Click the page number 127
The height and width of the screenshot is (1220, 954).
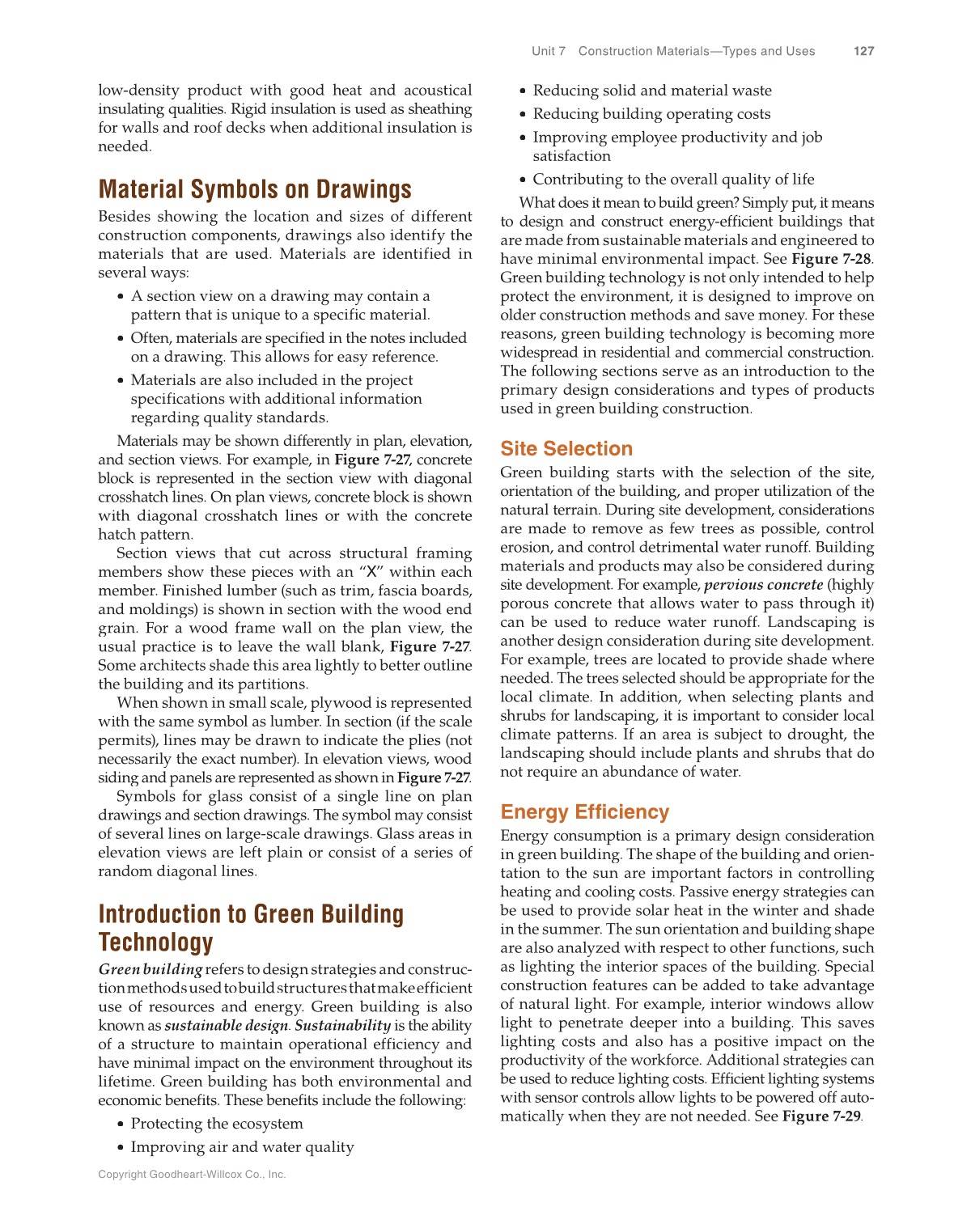click(x=863, y=51)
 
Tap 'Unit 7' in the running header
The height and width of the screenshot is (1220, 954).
click(x=549, y=51)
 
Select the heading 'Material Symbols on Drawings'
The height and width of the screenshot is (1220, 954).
click(x=255, y=189)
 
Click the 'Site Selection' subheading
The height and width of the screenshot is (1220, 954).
click(x=566, y=449)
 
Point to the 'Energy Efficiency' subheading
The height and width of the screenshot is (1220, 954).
click(x=584, y=812)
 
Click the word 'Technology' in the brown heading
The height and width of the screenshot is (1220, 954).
click(x=156, y=943)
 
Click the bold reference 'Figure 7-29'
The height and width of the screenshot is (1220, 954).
click(x=820, y=1116)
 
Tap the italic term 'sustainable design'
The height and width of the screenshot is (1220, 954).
click(x=226, y=1026)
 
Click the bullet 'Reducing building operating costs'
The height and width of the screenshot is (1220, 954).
click(x=651, y=114)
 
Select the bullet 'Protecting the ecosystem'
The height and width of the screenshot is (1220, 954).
click(x=217, y=1124)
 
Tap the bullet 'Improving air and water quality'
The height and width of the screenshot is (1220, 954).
click(x=242, y=1147)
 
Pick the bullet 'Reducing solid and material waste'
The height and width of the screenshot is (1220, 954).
click(x=652, y=91)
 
